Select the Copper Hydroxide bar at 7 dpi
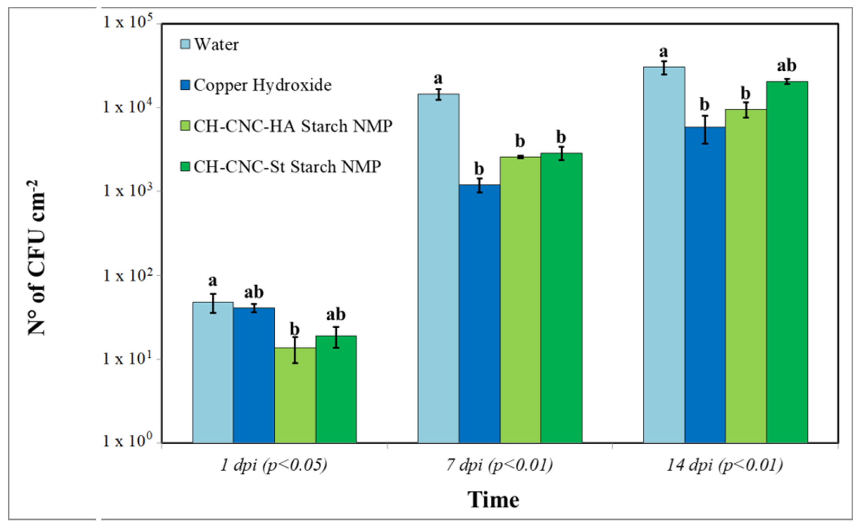tap(479, 314)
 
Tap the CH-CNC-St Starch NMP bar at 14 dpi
tap(787, 262)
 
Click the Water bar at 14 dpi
tap(664, 254)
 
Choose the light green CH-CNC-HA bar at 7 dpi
tap(520, 300)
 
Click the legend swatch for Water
tap(185, 44)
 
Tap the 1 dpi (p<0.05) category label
tap(274, 466)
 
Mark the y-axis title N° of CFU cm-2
tap(37, 258)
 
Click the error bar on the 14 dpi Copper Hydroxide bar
tap(705, 129)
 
